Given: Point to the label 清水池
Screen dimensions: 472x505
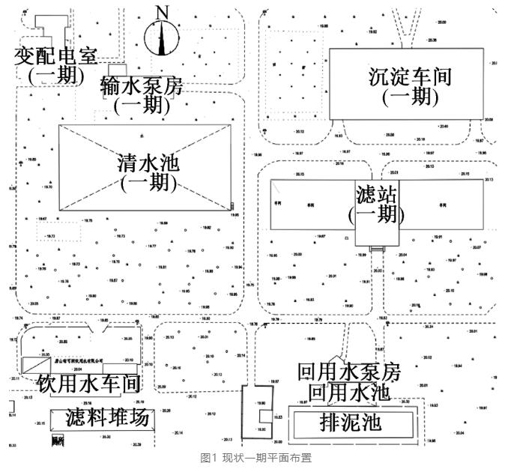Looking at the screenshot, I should (x=147, y=163).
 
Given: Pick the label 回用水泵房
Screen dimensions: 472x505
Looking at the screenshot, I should (x=349, y=372).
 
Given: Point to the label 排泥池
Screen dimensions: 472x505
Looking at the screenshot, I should (x=351, y=421).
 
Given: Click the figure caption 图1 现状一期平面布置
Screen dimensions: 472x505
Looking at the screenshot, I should (x=252, y=458).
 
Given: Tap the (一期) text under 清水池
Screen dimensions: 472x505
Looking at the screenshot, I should (x=147, y=182).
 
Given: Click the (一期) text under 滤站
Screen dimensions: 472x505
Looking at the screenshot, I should (x=372, y=214).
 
